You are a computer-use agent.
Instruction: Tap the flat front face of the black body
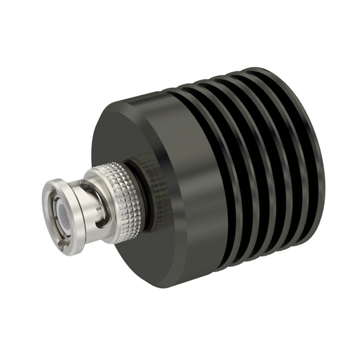[x=141, y=141]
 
